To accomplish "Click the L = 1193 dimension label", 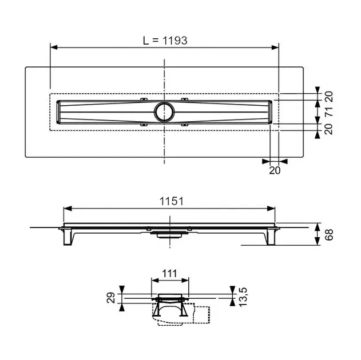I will (x=165, y=40).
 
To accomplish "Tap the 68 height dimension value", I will (x=329, y=234).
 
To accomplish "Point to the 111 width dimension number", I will (x=170, y=274).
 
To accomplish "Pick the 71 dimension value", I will (x=329, y=111).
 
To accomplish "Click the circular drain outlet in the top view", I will (x=164, y=111).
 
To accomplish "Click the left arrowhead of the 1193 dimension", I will (x=53, y=47).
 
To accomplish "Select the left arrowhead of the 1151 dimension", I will (x=66, y=208).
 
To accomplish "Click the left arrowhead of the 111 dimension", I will (x=153, y=281).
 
